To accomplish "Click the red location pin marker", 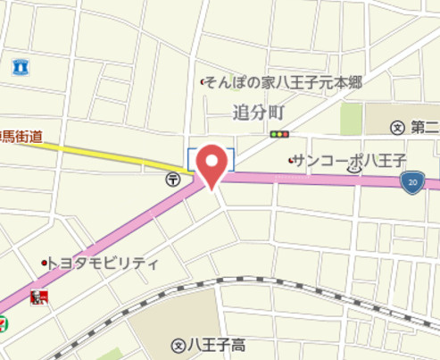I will tap(212, 163).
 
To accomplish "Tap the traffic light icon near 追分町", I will tap(280, 135).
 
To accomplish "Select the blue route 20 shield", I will tap(410, 183).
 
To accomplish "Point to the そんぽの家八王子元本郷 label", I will tap(286, 82).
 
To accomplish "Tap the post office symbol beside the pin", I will tap(171, 180).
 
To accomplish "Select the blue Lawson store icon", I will tap(21, 65).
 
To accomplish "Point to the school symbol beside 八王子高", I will tap(178, 344).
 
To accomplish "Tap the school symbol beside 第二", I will tap(397, 128).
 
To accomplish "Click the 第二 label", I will tap(424, 128).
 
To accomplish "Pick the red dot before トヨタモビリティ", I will tap(44, 264).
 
